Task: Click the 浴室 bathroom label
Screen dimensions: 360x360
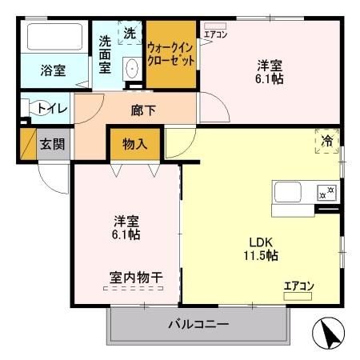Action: click(53, 70)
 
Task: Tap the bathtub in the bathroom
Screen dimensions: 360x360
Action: click(54, 38)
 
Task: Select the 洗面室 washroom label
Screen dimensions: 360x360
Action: click(105, 54)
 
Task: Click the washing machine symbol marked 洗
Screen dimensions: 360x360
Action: click(131, 34)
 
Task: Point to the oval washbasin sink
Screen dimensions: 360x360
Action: click(132, 70)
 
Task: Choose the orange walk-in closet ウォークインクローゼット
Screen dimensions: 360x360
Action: click(170, 54)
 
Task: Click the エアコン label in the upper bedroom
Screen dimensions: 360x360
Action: click(215, 34)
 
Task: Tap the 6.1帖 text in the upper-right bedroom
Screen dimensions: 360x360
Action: click(270, 79)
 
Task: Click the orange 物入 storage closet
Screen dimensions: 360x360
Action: click(134, 144)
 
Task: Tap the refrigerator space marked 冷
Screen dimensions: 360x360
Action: click(326, 139)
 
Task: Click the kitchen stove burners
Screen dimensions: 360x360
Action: click(326, 192)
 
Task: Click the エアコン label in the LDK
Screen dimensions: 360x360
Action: click(298, 286)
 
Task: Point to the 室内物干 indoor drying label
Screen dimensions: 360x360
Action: click(136, 278)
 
